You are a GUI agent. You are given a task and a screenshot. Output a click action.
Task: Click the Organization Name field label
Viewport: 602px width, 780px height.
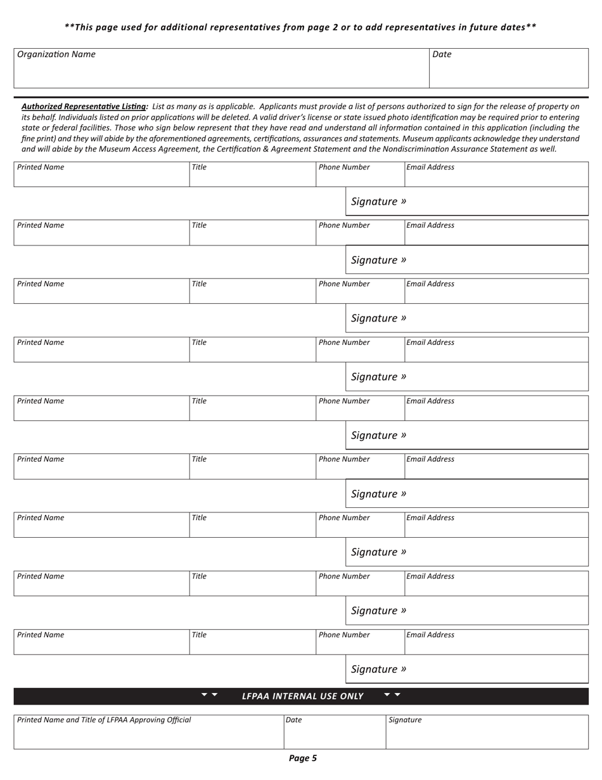click(56, 55)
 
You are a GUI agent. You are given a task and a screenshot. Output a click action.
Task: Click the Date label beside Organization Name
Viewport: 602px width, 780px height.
click(442, 55)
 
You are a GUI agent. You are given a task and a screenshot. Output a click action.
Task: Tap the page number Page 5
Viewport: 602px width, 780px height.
click(302, 758)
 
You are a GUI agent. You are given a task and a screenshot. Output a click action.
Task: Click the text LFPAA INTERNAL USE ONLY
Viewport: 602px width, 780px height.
click(302, 696)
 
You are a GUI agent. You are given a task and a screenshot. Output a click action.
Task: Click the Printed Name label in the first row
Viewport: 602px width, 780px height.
click(41, 167)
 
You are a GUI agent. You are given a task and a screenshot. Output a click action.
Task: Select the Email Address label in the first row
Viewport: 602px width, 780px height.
click(430, 167)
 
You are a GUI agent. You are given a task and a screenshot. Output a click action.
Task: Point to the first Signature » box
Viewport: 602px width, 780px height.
click(466, 202)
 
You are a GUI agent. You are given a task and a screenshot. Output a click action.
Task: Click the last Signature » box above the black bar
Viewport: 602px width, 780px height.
click(466, 669)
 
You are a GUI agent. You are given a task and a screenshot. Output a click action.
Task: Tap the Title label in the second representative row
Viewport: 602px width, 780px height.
click(199, 225)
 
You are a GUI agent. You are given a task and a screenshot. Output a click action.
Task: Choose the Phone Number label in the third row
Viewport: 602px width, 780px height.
click(344, 284)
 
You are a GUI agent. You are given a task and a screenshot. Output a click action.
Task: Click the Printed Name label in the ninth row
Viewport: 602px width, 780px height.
click(41, 635)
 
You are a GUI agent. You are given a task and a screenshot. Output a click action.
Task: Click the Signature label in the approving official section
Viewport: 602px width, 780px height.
click(405, 720)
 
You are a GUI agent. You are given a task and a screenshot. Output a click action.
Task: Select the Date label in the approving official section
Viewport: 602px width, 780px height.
click(293, 720)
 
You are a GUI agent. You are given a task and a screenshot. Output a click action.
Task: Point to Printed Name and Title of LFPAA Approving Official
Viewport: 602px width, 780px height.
click(104, 720)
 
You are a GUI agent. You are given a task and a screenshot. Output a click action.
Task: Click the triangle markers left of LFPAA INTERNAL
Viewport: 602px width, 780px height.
click(209, 695)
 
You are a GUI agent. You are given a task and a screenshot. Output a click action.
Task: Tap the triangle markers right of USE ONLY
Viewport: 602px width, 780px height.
click(392, 695)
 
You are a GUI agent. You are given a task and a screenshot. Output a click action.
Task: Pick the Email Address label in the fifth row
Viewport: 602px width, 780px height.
click(430, 401)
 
